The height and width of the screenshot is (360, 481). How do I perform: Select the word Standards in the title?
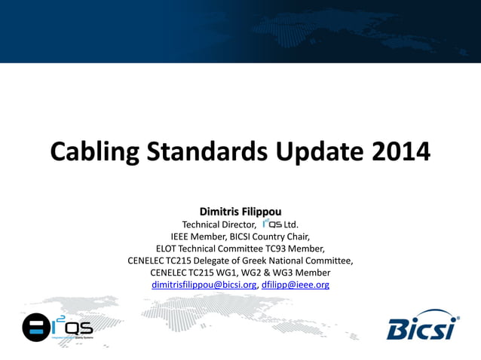pos(201,151)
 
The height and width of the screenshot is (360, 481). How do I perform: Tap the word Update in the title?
pos(319,151)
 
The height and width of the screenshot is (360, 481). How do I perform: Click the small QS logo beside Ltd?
pos(272,224)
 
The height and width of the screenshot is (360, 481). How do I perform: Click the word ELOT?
pos(168,248)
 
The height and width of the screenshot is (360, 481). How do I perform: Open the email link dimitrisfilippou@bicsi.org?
pos(204,285)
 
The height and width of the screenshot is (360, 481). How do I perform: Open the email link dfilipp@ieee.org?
pos(296,285)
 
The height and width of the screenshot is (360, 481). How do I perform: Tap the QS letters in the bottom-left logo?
pos(78,328)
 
